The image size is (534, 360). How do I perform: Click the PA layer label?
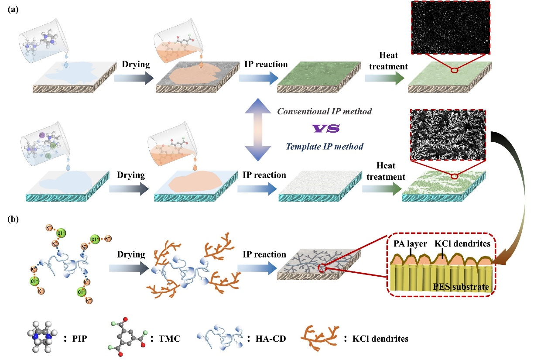[x=405, y=242]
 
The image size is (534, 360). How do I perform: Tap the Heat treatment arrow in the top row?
[x=383, y=77]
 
